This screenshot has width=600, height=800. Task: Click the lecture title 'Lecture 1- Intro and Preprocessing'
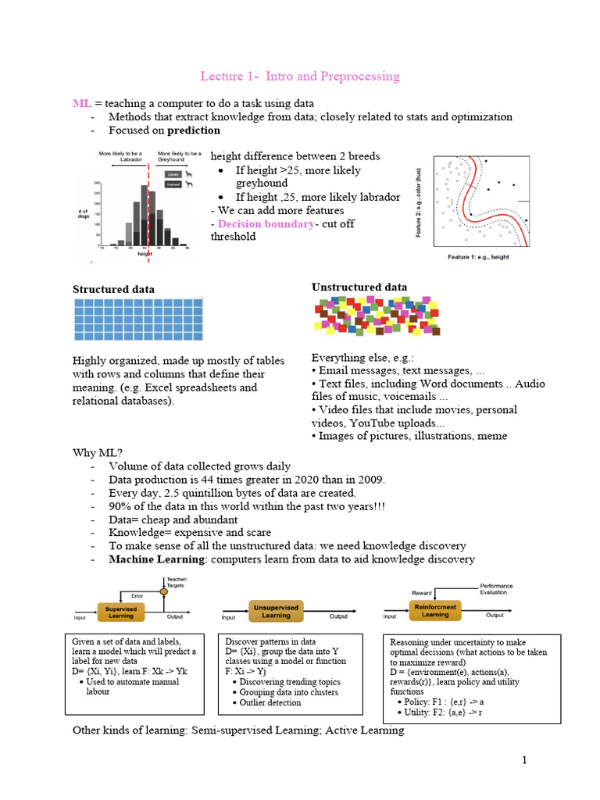click(300, 76)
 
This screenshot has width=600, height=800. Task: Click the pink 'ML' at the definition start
click(82, 103)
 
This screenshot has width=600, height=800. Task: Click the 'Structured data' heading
click(113, 289)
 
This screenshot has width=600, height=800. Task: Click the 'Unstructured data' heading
click(359, 287)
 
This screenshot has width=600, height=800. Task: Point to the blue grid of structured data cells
click(138, 318)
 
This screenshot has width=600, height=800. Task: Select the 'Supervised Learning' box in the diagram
click(121, 611)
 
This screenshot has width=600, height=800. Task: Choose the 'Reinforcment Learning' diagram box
click(435, 609)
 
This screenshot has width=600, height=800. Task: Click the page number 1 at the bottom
click(526, 760)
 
